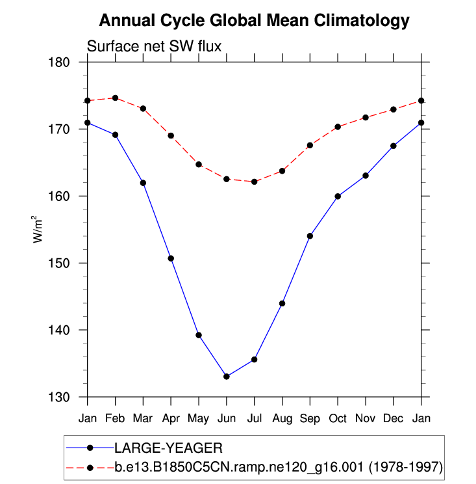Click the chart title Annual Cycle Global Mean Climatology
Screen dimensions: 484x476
254,21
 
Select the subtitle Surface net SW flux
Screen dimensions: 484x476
155,46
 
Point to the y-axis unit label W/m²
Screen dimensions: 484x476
38,230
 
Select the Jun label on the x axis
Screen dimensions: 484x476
226,417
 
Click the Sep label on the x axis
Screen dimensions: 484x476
310,417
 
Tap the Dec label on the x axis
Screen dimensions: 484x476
394,417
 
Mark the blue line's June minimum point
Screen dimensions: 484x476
226,377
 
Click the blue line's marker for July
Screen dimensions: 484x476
254,360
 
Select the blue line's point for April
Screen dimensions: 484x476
171,258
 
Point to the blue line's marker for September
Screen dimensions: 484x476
310,236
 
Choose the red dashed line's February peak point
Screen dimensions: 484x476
115,98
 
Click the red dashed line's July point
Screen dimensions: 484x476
254,181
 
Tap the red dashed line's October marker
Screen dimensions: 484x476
338,127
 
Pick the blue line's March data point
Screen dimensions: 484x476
143,183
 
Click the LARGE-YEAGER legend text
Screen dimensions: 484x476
168,448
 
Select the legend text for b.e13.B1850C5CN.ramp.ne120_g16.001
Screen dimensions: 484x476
279,467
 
